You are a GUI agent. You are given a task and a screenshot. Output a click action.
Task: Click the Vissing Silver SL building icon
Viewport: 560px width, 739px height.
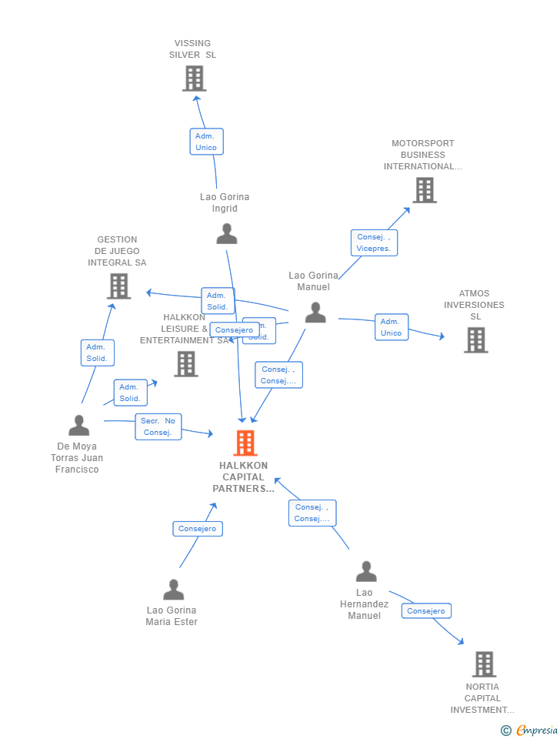194,79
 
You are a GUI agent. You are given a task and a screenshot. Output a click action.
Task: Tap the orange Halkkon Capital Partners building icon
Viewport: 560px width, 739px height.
245,443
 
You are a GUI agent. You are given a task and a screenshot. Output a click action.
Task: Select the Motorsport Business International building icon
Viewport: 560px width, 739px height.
424,190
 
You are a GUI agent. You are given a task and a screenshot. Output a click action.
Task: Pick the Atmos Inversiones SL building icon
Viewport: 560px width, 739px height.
475,339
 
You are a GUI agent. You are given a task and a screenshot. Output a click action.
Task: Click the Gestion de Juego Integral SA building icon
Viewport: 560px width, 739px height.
118,286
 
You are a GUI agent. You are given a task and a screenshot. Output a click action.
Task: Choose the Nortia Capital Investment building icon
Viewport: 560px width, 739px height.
483,664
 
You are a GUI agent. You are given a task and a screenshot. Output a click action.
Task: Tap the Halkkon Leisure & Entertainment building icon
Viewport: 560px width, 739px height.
185,364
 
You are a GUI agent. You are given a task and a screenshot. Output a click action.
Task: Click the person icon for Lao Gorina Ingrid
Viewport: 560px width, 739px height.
226,233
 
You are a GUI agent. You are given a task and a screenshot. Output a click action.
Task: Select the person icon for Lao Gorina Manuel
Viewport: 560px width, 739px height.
315,313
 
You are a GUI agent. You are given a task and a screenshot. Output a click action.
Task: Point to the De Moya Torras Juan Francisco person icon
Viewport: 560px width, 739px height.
78,426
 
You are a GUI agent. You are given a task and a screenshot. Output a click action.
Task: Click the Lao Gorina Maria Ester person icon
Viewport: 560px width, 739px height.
173,590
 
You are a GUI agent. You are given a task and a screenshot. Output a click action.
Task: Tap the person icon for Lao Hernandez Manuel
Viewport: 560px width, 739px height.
366,572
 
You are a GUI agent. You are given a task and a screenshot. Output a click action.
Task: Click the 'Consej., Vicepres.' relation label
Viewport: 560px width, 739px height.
374,242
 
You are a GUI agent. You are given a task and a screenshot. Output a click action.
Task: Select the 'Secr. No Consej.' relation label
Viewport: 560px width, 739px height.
158,426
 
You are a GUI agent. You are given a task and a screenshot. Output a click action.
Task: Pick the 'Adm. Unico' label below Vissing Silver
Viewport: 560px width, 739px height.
206,142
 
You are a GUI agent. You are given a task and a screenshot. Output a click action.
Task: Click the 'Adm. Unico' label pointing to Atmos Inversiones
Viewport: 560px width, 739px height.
391,327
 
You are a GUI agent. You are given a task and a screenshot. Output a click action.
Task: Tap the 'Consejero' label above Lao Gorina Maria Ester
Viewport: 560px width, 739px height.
198,529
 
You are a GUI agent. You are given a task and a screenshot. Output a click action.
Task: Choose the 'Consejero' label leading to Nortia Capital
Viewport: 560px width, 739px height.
426,611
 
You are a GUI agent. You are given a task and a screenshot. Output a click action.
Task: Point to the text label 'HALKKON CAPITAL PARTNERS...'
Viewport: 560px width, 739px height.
243,477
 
